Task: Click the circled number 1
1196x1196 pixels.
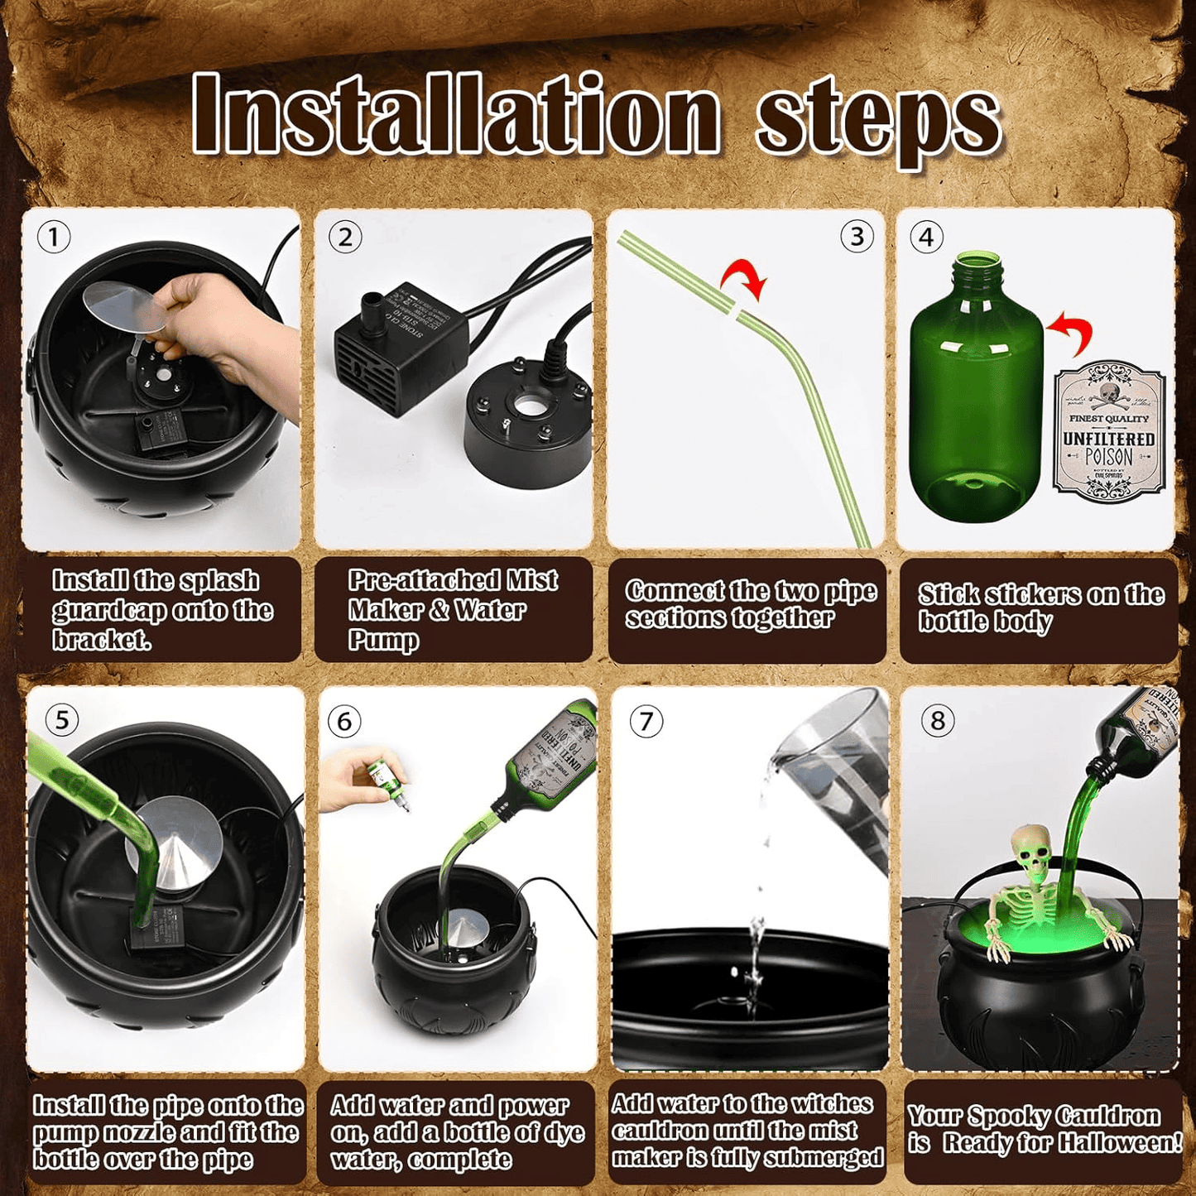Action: click(x=54, y=238)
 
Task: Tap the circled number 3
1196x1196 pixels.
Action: click(x=857, y=238)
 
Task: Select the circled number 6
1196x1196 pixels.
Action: click(x=344, y=721)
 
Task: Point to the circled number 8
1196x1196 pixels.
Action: click(x=937, y=720)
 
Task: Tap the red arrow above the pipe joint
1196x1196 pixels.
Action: click(x=745, y=277)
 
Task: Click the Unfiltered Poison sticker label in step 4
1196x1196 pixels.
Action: click(x=1109, y=430)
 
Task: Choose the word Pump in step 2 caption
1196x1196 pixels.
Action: click(x=383, y=640)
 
